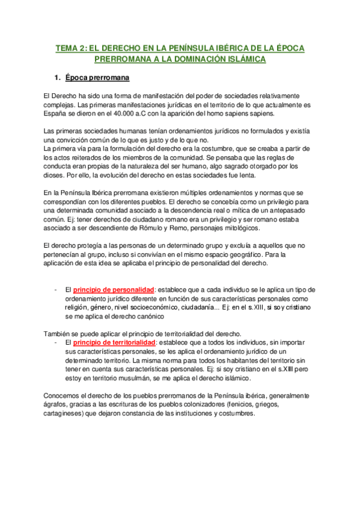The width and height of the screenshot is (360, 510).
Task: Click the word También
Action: tap(59, 334)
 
